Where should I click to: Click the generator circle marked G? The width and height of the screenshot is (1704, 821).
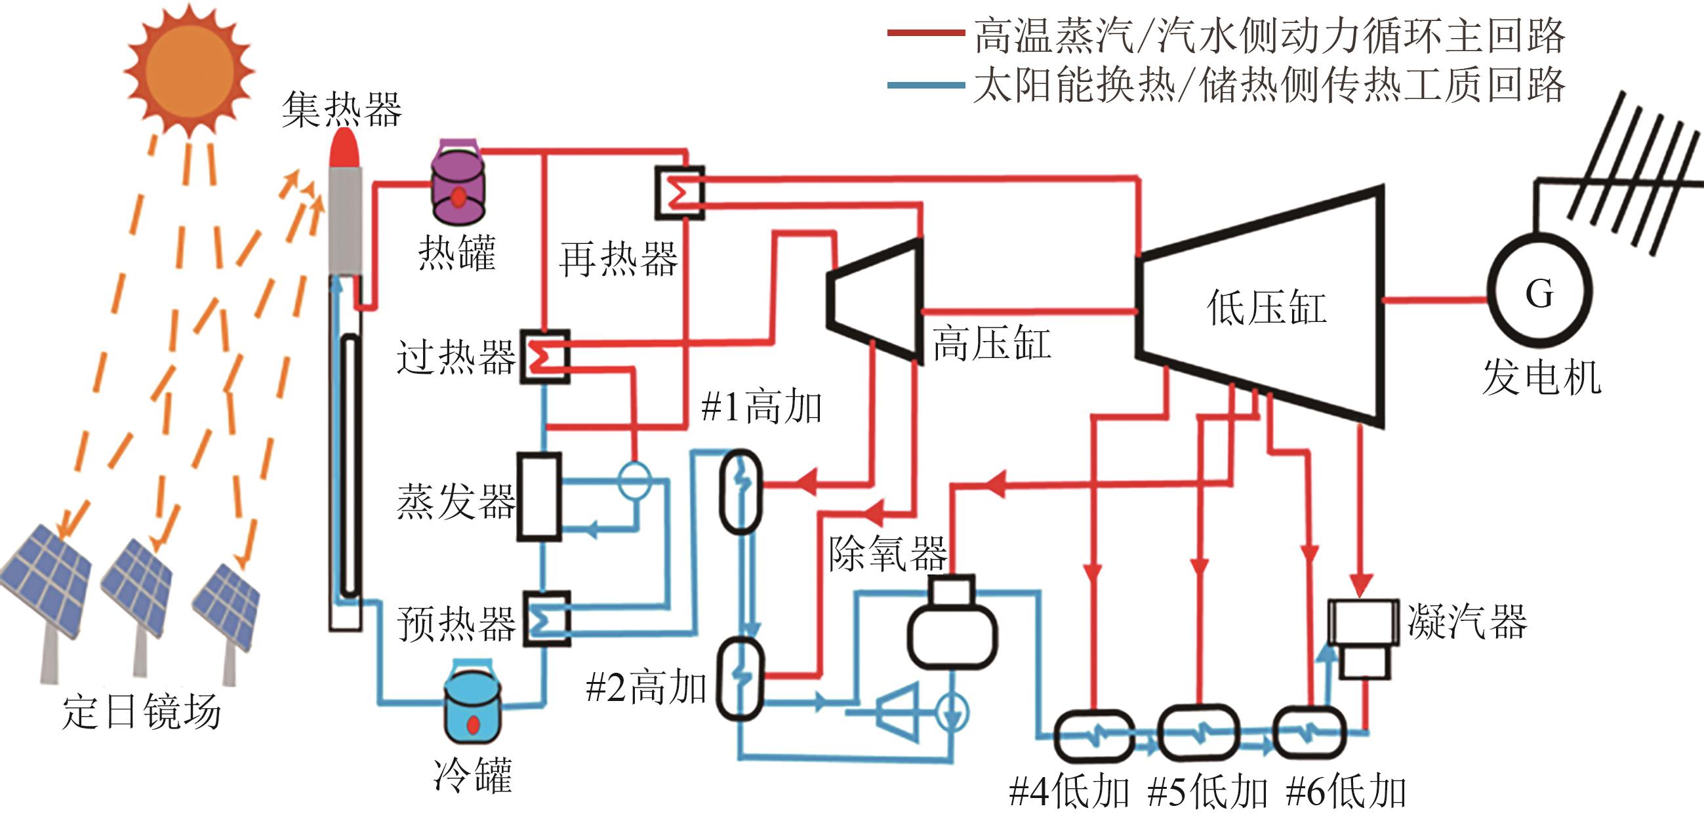pos(1539,292)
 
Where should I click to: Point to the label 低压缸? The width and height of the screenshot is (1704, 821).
pos(1266,308)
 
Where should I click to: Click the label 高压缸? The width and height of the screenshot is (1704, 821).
pos(992,344)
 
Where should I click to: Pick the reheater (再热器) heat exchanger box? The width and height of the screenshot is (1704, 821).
pos(680,193)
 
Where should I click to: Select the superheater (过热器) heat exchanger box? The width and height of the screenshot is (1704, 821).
pos(545,357)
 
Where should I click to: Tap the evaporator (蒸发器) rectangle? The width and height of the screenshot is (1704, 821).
pos(539,496)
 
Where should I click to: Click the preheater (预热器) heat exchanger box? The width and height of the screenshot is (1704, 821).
pos(547,618)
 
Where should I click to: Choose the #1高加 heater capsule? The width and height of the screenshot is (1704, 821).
pos(741,492)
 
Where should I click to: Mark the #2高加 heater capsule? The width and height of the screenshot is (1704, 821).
pos(741,678)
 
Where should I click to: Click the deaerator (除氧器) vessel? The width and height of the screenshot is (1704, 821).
pos(952,625)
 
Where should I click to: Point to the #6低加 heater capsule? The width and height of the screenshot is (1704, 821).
pos(1309,733)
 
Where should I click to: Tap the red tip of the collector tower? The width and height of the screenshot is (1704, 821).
pos(344,149)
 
